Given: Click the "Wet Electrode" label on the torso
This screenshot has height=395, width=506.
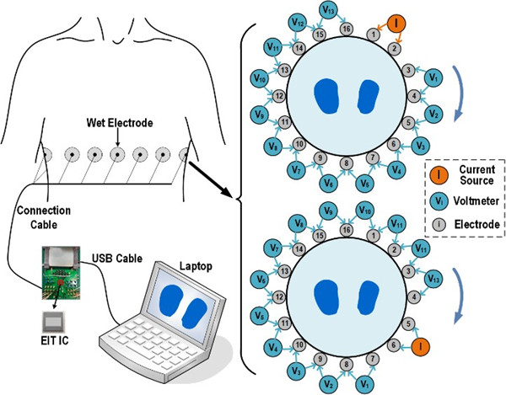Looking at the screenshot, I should coord(119,123).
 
